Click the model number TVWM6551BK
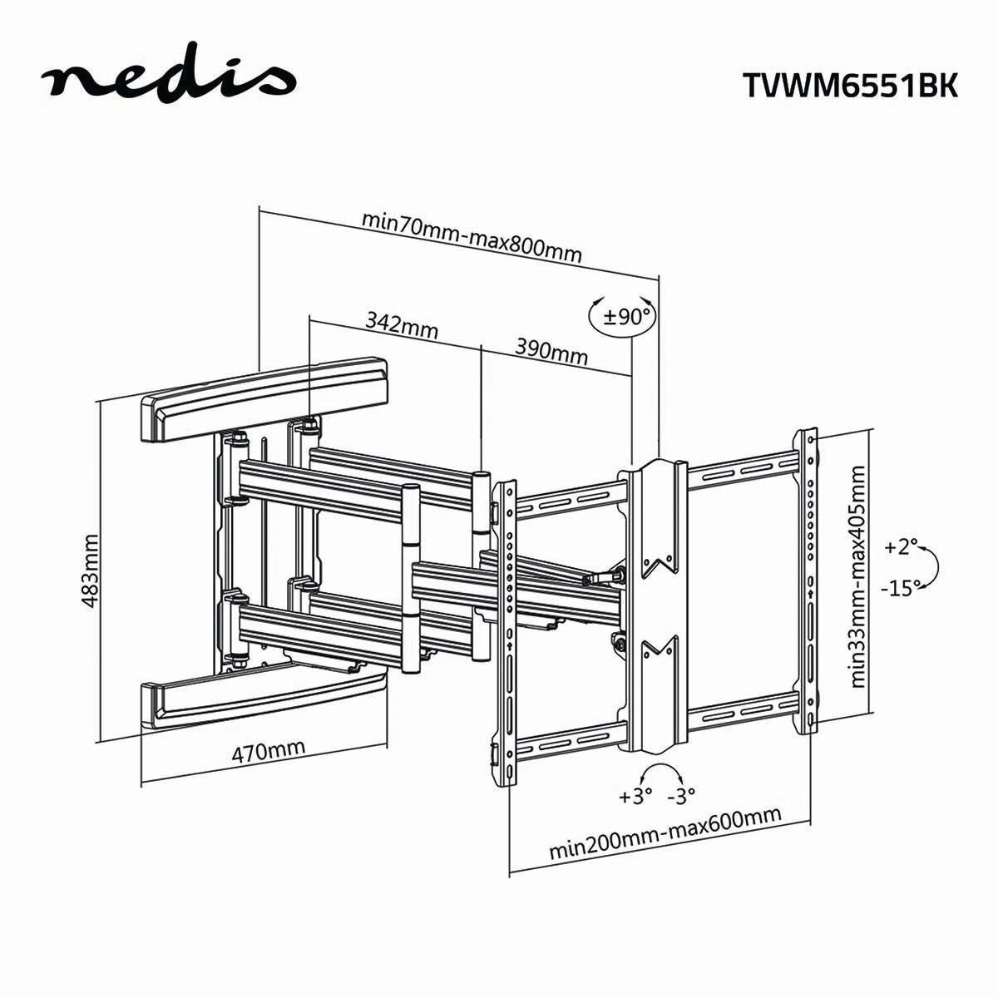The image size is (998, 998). (849, 85)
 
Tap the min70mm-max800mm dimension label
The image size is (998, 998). (472, 236)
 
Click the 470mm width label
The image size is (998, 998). (268, 752)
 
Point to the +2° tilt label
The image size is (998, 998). (902, 547)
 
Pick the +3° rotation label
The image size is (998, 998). (635, 796)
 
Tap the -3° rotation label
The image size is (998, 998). (681, 796)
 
